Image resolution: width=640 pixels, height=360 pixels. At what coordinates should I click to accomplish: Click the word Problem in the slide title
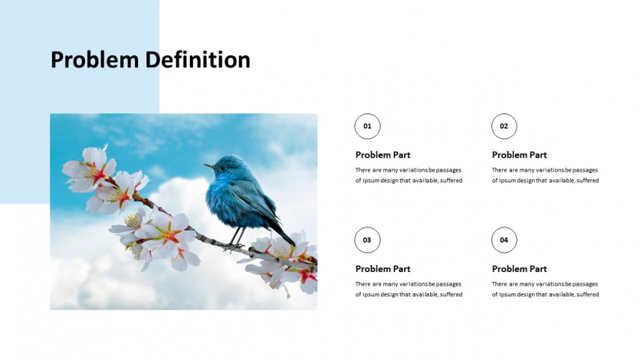coord(95,60)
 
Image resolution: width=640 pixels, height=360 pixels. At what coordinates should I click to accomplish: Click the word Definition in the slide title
coord(198,60)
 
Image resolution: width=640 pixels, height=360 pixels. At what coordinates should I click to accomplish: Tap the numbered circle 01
coord(367,126)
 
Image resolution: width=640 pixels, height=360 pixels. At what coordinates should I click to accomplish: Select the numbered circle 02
coord(504,126)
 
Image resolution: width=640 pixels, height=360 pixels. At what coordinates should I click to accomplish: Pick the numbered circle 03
coord(367,241)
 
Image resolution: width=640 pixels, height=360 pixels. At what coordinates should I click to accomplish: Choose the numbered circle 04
coord(504,241)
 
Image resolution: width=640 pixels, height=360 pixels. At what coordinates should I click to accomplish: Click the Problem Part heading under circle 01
coord(383,155)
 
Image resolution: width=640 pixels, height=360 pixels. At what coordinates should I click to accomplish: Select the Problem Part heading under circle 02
coord(519,155)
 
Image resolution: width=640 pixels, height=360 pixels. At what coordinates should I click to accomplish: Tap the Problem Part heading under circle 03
coord(383,269)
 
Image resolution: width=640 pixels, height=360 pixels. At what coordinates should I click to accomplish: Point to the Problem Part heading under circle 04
coord(519,269)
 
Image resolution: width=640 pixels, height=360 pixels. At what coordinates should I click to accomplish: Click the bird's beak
coord(209,166)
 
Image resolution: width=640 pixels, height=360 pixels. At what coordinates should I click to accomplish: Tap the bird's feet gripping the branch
coord(234,246)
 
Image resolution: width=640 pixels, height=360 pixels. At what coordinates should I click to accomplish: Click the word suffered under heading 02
coord(588,180)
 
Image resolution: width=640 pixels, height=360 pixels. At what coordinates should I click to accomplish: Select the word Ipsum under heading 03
coord(372,295)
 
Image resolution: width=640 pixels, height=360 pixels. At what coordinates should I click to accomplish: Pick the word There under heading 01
coord(363,170)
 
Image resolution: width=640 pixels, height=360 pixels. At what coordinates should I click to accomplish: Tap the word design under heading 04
coord(526,294)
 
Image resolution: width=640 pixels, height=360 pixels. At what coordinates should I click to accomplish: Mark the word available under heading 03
coord(425,294)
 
